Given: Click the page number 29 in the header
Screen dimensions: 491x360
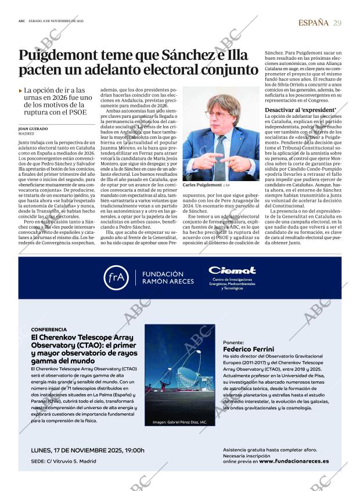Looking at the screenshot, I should pyautogui.click(x=337, y=23).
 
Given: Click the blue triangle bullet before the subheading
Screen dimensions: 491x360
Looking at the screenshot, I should pyautogui.click(x=21, y=91).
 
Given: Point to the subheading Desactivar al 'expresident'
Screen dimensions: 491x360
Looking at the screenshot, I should pyautogui.click(x=300, y=110).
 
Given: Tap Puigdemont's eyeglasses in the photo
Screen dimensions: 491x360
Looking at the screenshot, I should pyautogui.click(x=218, y=113).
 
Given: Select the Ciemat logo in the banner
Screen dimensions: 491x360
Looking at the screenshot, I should pyautogui.click(x=232, y=270).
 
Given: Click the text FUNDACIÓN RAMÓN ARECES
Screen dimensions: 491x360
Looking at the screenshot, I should pyautogui.click(x=163, y=277).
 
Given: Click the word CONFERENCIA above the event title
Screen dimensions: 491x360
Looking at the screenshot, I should pyautogui.click(x=51, y=329).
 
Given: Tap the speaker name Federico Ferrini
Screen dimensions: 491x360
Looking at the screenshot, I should pyautogui.click(x=248, y=349).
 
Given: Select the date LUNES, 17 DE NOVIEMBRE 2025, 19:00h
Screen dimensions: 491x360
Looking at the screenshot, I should pyautogui.click(x=88, y=450).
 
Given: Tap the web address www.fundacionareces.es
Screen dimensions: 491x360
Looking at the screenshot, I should pyautogui.click(x=294, y=461).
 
